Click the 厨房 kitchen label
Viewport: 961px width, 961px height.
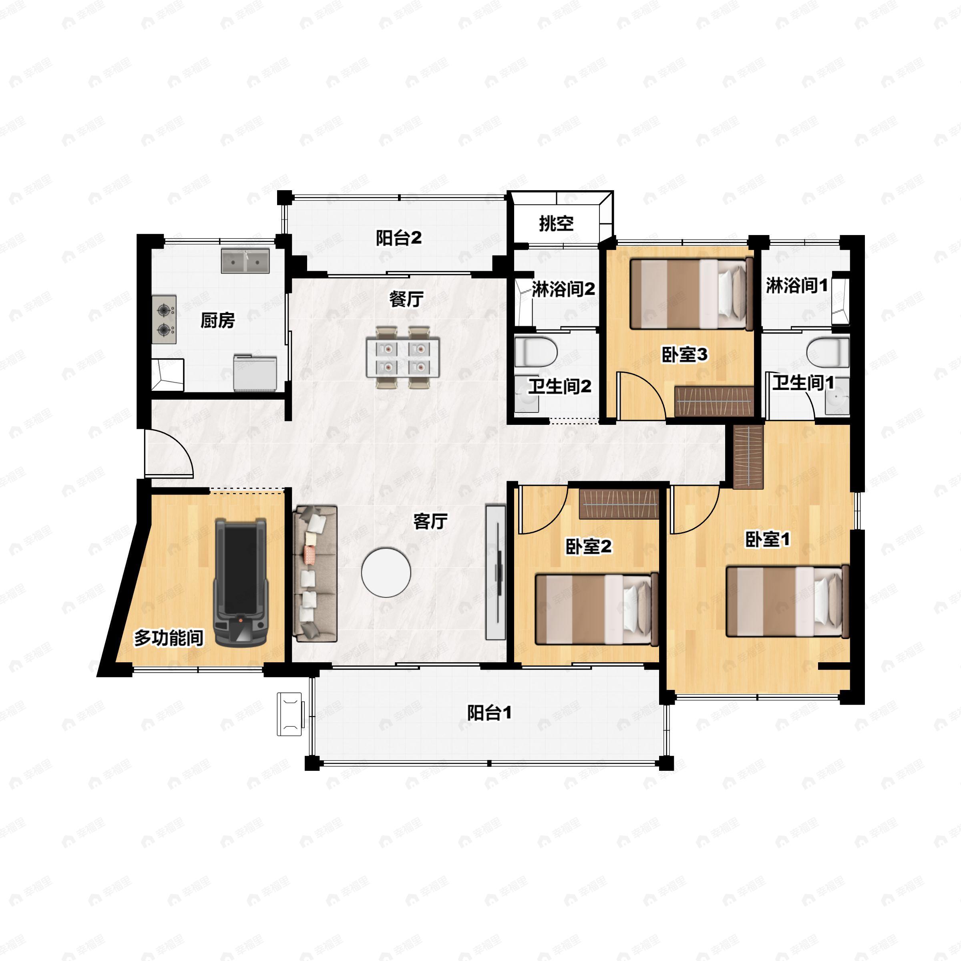click(217, 320)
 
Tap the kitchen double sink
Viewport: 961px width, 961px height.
click(245, 261)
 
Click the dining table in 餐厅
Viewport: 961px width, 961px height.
click(403, 357)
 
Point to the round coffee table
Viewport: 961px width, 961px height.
click(386, 573)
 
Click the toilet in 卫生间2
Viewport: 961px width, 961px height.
click(536, 352)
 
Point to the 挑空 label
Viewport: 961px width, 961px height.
click(556, 223)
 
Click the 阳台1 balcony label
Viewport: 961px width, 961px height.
click(489, 713)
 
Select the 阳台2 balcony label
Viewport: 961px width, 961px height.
click(398, 238)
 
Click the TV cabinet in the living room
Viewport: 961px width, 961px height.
click(495, 572)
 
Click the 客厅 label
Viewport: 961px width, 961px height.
click(431, 521)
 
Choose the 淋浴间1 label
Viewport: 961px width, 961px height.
click(797, 285)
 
